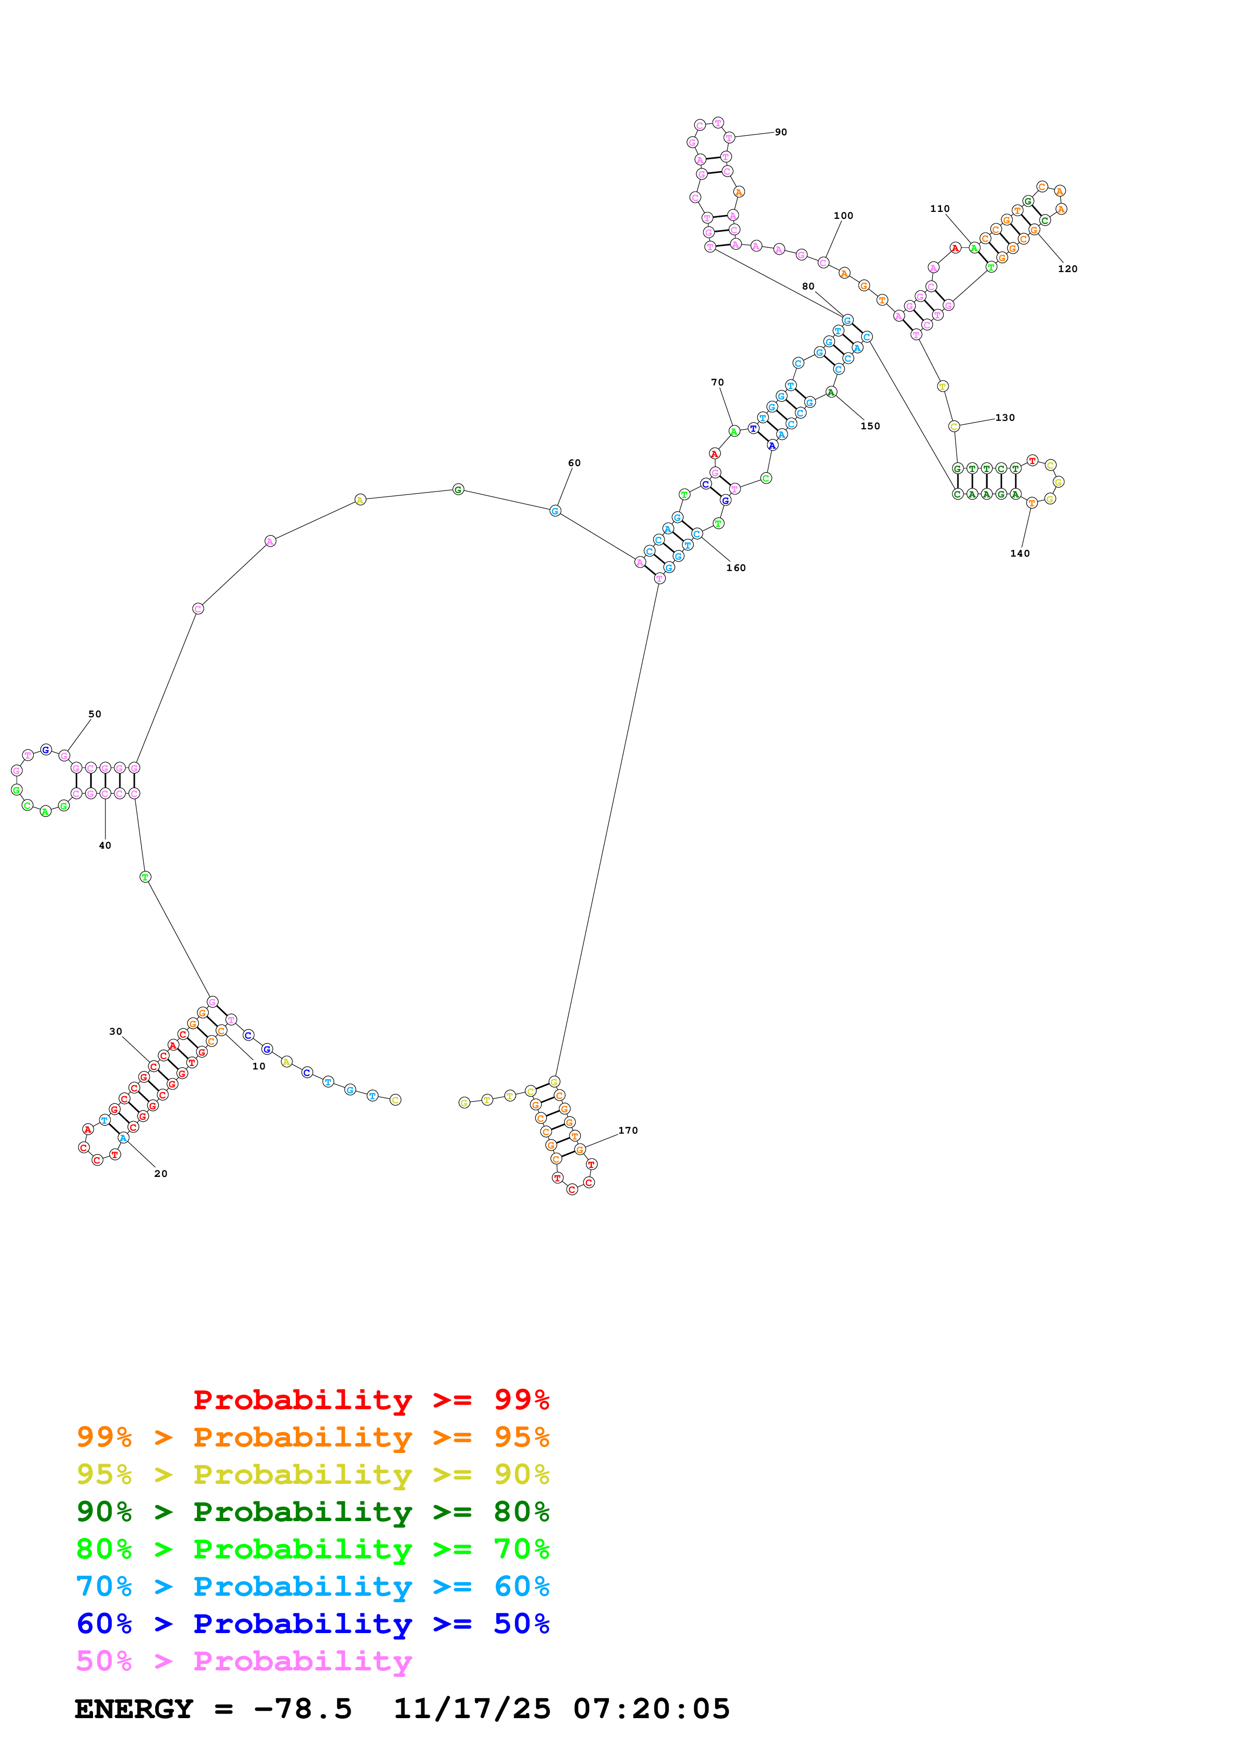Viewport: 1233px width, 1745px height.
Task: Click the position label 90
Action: (780, 132)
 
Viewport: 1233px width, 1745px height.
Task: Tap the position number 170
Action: (628, 1130)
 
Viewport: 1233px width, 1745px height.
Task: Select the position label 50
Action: (94, 714)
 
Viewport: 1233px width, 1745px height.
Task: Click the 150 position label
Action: (870, 426)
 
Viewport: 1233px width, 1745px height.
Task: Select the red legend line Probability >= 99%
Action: (371, 1400)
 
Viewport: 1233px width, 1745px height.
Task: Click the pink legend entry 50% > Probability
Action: (244, 1660)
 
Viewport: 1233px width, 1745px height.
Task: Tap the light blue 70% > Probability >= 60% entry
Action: (312, 1586)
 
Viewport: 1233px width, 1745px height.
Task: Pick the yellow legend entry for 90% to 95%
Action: (312, 1474)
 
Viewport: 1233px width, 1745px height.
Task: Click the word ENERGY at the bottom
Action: (134, 1709)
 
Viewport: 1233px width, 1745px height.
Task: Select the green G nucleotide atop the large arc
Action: (458, 489)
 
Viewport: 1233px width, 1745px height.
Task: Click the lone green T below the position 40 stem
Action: (145, 876)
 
